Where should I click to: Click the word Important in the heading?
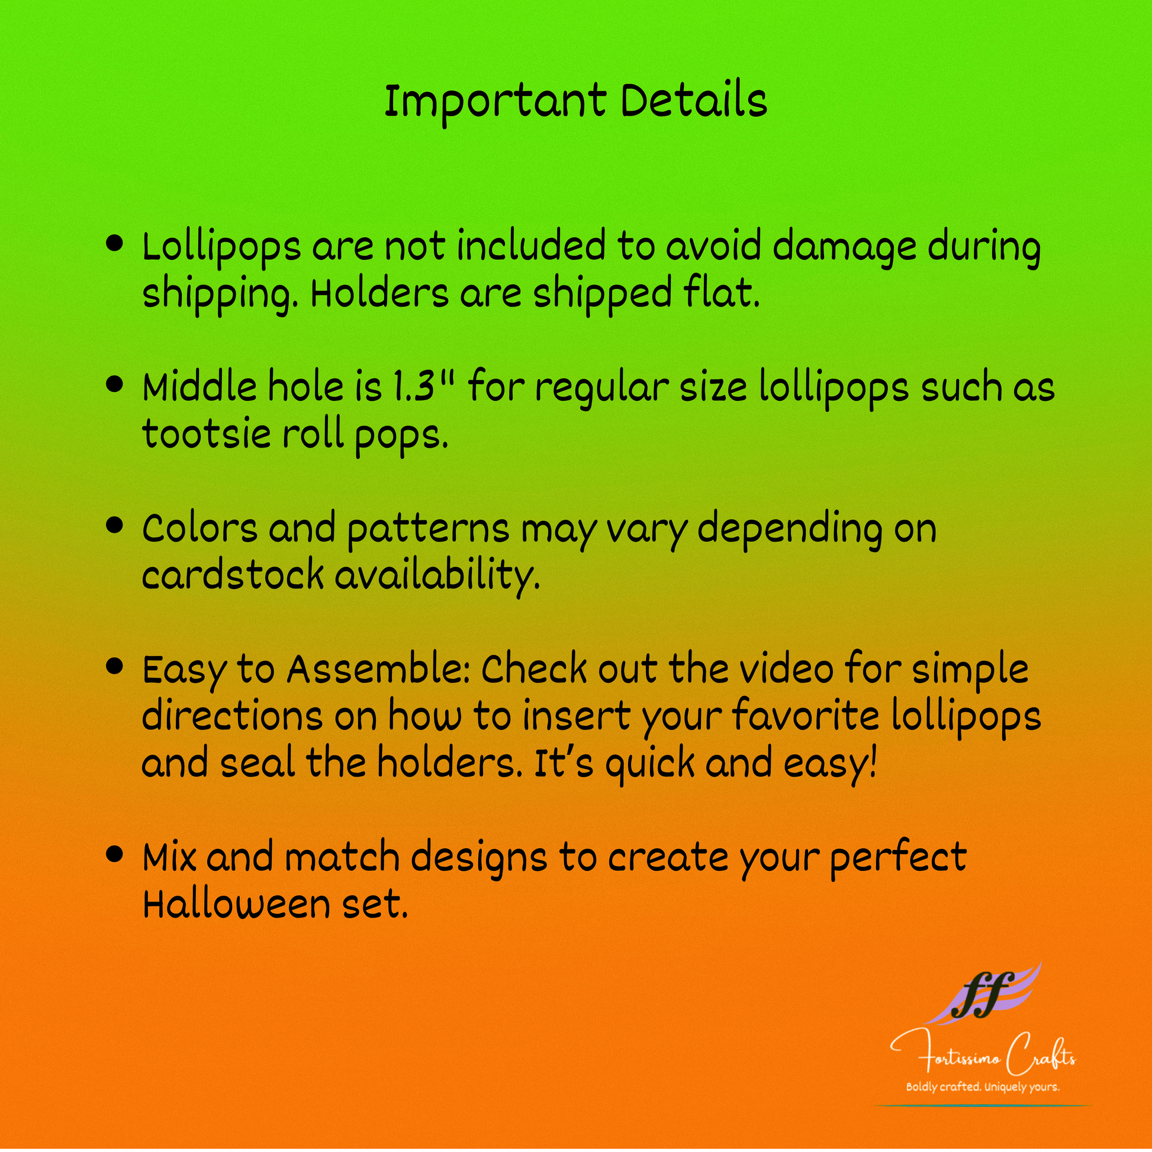pyautogui.click(x=495, y=102)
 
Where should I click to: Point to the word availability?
pyautogui.click(x=437, y=576)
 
